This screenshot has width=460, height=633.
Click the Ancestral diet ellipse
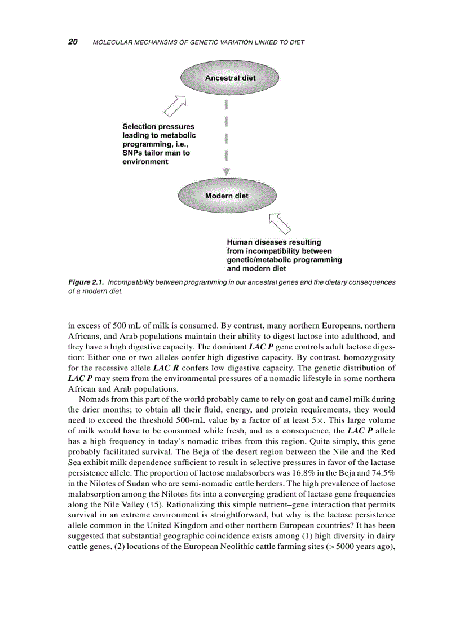(229, 78)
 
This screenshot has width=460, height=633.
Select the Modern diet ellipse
(227, 196)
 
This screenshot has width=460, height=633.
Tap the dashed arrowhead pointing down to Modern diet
(226, 171)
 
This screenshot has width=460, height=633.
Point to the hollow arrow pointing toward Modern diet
(279, 223)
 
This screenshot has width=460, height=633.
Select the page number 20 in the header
(73, 42)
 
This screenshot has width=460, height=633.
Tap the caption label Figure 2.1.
(86, 281)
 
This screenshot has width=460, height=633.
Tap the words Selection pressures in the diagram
(158, 126)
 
